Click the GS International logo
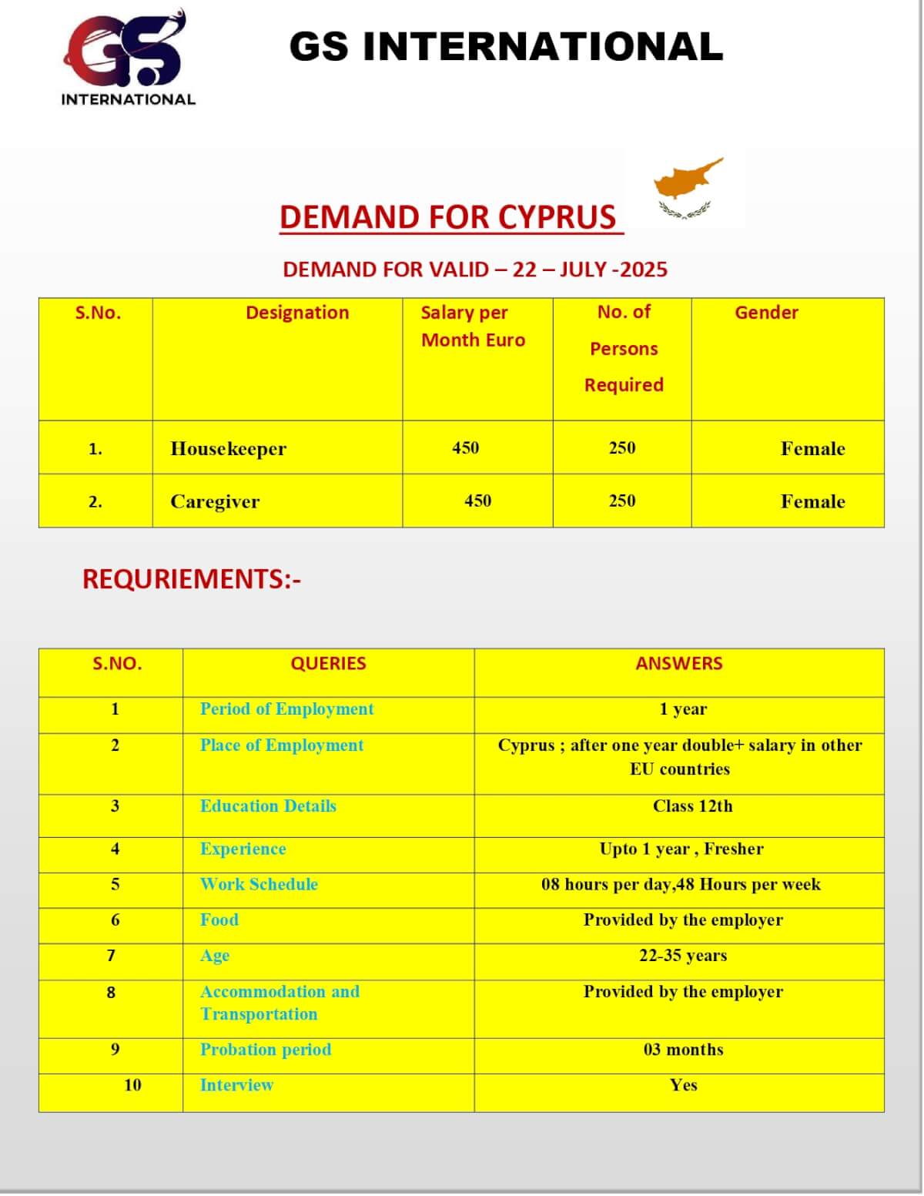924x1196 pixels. (x=127, y=58)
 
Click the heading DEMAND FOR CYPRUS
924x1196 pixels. (x=448, y=217)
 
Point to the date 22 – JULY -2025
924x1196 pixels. (x=590, y=270)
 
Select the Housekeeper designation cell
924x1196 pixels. (x=228, y=448)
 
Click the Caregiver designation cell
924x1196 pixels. (x=215, y=501)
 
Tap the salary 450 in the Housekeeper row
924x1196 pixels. (x=465, y=447)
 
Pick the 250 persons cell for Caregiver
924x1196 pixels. (x=622, y=501)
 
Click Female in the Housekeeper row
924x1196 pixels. (x=812, y=448)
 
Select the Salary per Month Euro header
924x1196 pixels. (x=473, y=326)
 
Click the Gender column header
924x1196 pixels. (x=766, y=313)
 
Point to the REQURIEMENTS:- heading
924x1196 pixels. (x=192, y=579)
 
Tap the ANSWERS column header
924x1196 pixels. (x=678, y=663)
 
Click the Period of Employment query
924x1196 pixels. (x=286, y=709)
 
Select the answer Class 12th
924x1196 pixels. (x=692, y=806)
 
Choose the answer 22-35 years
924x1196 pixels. (x=682, y=955)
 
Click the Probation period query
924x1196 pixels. (x=266, y=1049)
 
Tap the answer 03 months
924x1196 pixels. (x=683, y=1049)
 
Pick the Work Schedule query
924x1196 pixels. (x=259, y=883)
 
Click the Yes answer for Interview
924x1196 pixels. (x=683, y=1084)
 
